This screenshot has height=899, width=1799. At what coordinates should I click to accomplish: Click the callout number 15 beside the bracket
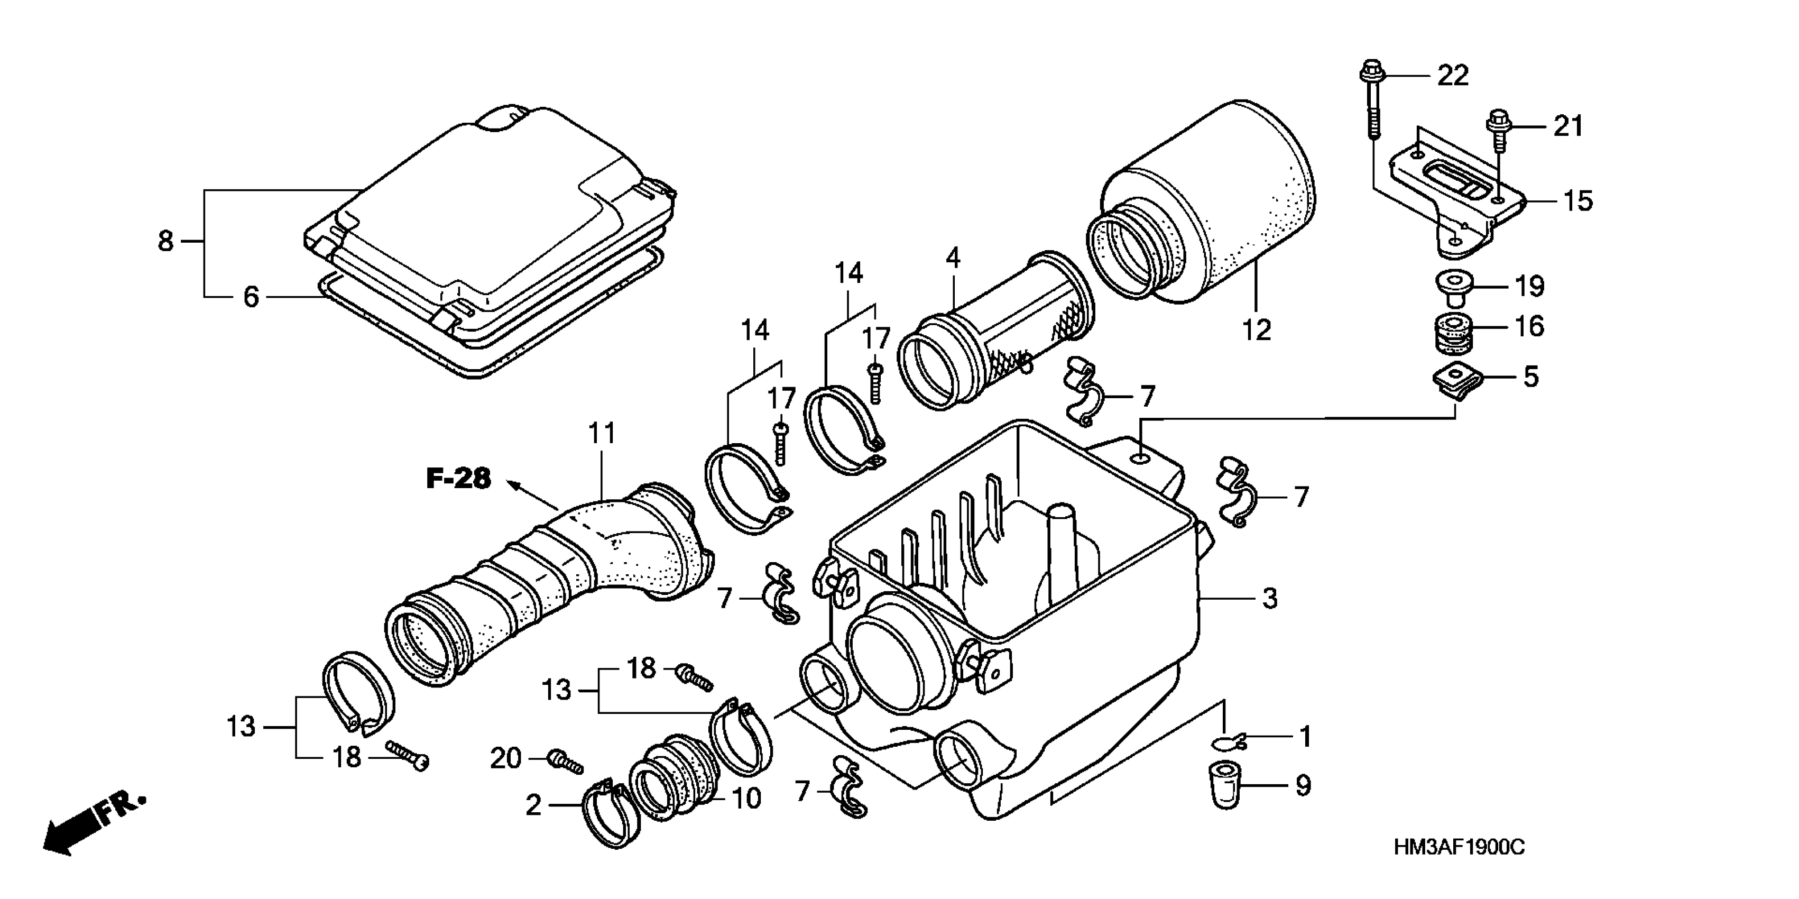click(1577, 201)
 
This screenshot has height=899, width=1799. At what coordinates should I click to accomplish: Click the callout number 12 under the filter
click(1257, 329)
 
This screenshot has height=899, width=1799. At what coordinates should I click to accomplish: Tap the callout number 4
click(953, 259)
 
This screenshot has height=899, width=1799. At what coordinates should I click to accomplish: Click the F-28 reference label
click(459, 479)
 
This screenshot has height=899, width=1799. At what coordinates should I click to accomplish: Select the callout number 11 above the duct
click(602, 433)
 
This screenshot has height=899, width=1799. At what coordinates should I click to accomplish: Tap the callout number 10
click(746, 799)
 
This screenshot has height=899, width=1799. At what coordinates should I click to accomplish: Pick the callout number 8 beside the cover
click(165, 242)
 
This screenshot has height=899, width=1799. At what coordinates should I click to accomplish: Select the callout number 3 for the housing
click(1270, 599)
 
